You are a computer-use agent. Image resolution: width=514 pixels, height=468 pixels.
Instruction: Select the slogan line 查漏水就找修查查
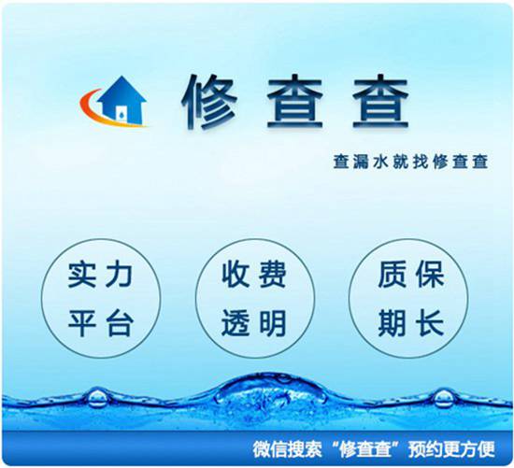(411, 160)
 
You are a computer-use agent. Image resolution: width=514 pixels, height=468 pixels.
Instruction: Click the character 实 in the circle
(84, 276)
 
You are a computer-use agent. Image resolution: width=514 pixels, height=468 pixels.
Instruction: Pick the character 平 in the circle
(84, 324)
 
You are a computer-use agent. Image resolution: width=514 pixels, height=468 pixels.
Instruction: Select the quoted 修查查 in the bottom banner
(366, 446)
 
